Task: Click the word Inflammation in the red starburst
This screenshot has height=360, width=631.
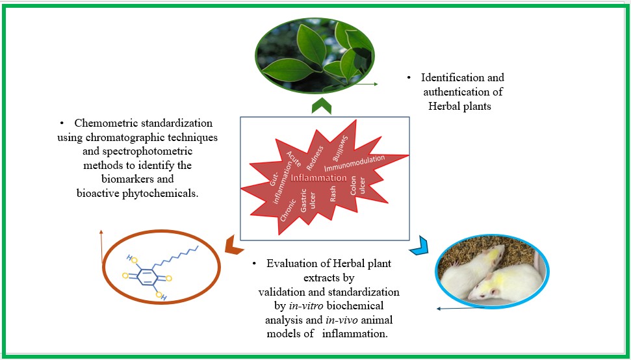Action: tap(319, 177)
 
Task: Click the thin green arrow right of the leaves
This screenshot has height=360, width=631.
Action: tap(368, 84)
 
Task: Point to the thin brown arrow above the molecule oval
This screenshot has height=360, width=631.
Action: tap(101, 247)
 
